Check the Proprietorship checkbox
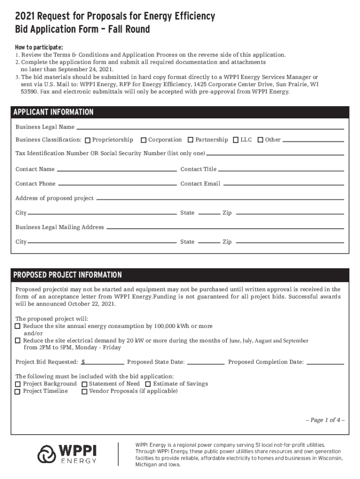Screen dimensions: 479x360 88,140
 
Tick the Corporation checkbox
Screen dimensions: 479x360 144,140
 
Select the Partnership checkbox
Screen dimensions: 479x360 191,140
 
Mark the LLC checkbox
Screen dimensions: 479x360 236,140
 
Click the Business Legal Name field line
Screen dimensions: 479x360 210,128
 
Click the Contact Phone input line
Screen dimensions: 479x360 117,184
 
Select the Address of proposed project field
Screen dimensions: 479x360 220,199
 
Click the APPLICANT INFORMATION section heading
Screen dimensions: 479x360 53,112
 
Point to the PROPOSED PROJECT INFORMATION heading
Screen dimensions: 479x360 67,275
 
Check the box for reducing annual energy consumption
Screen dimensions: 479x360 18,326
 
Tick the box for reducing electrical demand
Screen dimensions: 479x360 18,341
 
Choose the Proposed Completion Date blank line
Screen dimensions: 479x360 325,362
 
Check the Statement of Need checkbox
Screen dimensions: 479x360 85,384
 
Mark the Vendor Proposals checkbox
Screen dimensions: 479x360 85,392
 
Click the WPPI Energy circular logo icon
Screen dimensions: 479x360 47,454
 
